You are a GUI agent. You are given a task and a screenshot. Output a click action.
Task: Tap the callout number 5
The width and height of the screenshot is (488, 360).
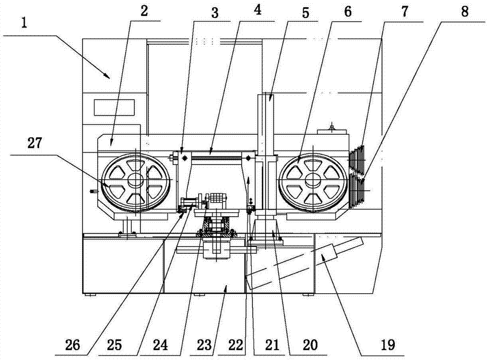click(305, 10)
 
